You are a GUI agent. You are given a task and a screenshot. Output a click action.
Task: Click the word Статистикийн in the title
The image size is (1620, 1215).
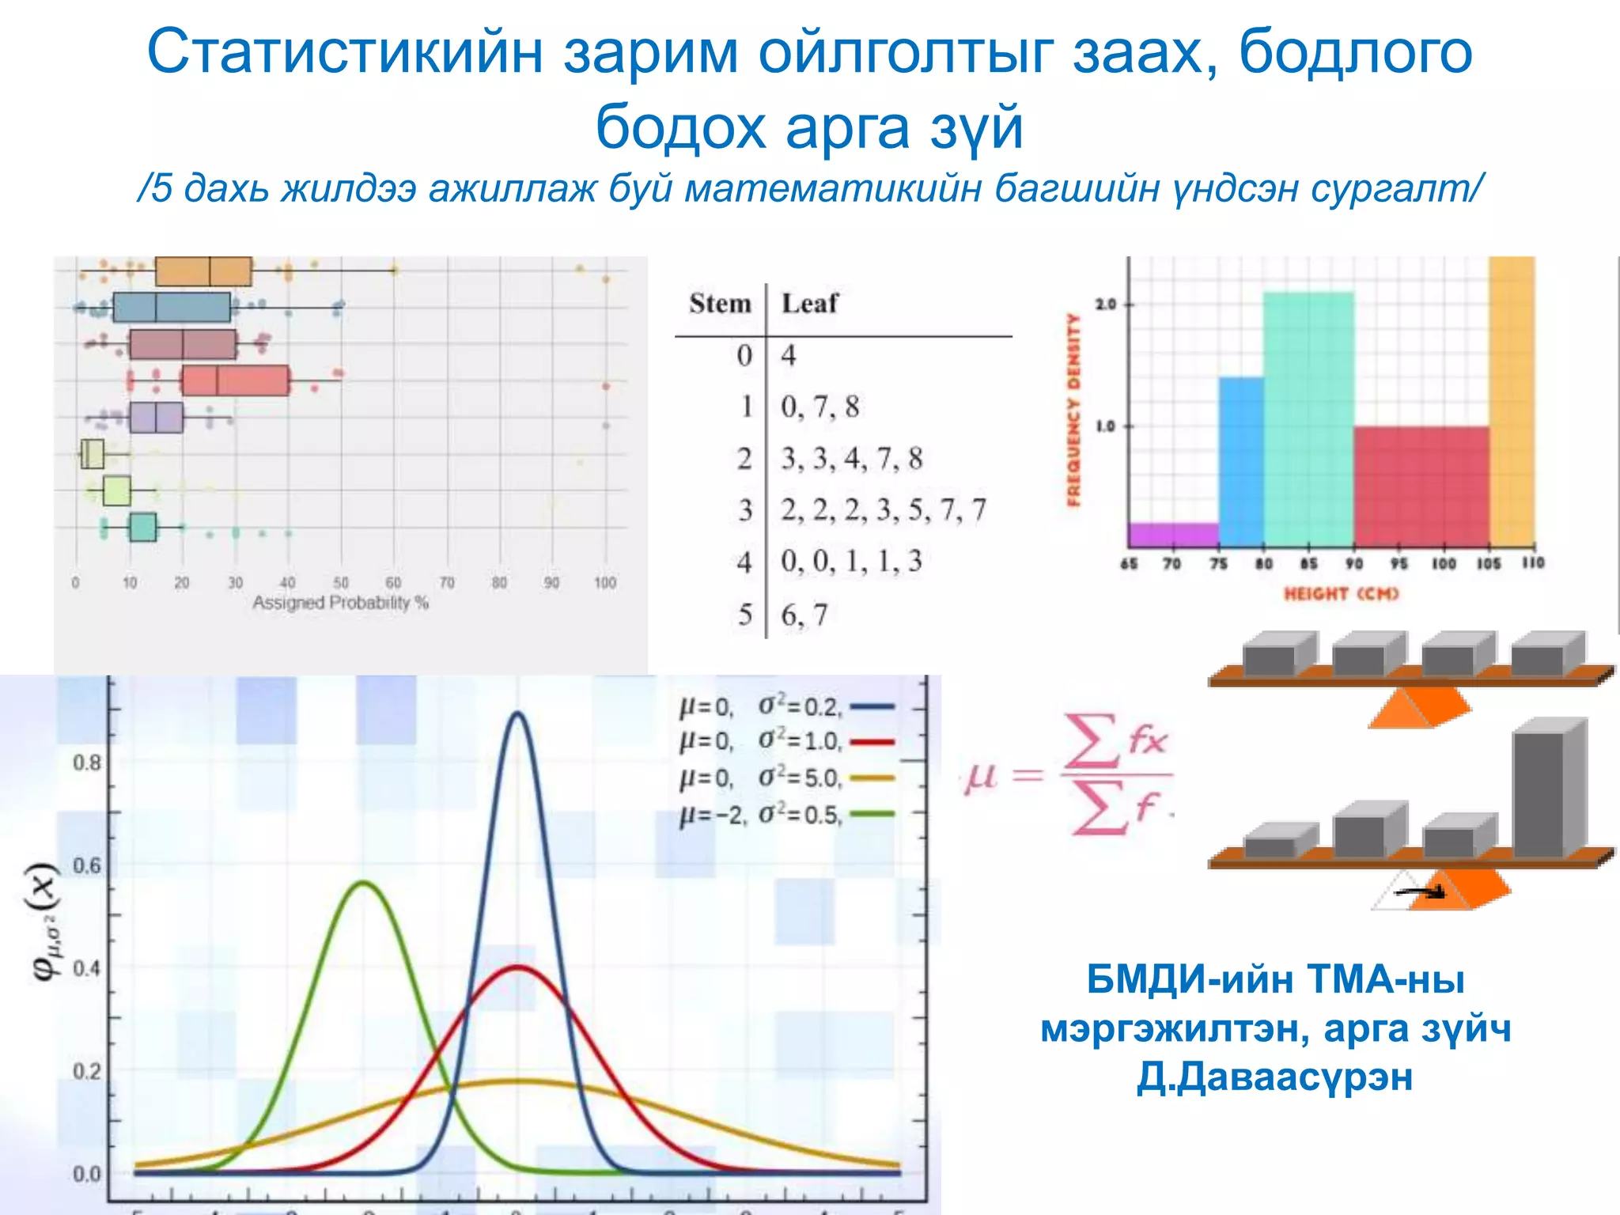click(345, 52)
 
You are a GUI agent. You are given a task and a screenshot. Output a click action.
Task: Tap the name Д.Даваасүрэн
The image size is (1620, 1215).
click(1274, 1077)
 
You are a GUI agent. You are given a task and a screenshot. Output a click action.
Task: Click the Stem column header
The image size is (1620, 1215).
click(719, 303)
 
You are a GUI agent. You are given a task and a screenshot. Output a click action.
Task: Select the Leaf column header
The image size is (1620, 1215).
click(808, 303)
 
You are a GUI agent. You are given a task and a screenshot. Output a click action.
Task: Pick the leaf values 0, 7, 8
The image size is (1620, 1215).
click(819, 407)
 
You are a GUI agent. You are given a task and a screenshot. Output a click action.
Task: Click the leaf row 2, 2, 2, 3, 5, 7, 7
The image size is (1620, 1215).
click(883, 510)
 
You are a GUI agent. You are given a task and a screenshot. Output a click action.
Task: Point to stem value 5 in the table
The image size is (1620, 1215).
click(744, 615)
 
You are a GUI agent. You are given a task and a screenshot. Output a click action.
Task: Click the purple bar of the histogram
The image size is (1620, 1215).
click(1173, 535)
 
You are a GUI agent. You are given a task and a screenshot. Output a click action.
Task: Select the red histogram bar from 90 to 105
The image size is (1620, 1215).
click(1421, 486)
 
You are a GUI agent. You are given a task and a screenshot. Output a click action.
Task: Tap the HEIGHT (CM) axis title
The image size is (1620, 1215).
click(1341, 593)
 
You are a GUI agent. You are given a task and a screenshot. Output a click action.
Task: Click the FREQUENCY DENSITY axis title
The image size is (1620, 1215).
click(1073, 409)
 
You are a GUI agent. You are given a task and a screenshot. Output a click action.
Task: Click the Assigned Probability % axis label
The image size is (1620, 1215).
click(340, 603)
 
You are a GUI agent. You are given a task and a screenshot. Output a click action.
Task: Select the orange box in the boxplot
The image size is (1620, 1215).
click(203, 271)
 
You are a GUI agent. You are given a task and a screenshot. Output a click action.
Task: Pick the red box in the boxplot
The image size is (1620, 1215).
click(235, 380)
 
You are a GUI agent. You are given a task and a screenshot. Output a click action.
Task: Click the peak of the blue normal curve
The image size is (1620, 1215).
click(517, 713)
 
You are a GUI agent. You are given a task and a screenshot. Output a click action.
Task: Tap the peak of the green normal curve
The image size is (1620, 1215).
click(363, 883)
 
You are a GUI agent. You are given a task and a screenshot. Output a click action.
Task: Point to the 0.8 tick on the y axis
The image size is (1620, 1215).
click(87, 763)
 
